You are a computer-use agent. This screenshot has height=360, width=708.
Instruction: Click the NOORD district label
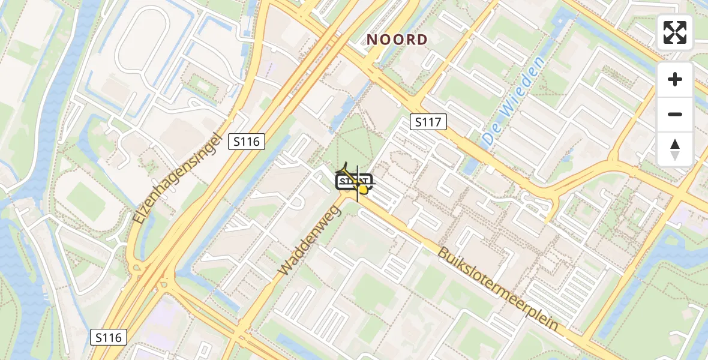point(397,40)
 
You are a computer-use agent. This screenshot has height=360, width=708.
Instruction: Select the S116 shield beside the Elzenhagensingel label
point(247,142)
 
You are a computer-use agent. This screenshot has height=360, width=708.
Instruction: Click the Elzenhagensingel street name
point(178,178)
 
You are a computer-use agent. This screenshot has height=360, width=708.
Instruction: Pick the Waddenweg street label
point(310,238)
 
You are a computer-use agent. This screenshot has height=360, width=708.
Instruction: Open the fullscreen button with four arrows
point(675,32)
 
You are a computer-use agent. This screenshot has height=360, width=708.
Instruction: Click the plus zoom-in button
point(675,79)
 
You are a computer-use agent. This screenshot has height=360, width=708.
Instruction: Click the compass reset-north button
point(675,149)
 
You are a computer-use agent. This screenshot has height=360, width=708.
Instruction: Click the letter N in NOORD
point(372,40)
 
